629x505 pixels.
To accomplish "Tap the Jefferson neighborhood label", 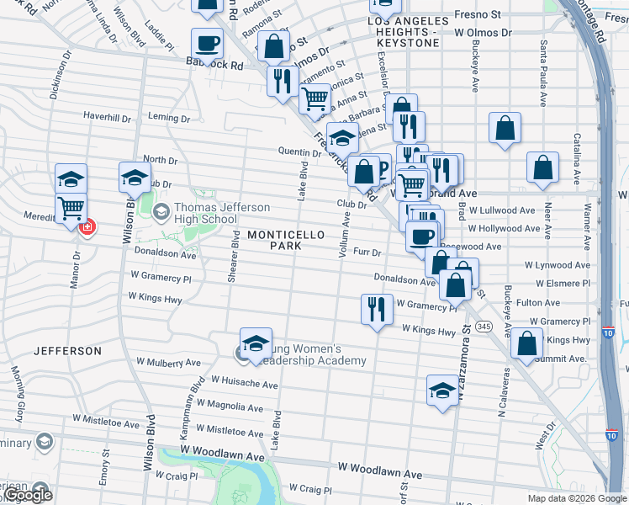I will point(67,350).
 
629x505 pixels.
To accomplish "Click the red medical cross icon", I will point(86,227).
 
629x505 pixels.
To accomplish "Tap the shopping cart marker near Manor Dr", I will point(71,207).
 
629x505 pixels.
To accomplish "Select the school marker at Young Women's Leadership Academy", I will point(256,343).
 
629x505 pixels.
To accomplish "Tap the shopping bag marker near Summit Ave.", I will point(526,343).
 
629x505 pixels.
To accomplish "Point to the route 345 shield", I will point(484,326).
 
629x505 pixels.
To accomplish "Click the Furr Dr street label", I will point(367,252).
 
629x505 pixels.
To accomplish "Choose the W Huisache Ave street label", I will point(244,385).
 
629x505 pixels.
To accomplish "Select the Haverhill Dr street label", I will point(107,117).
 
